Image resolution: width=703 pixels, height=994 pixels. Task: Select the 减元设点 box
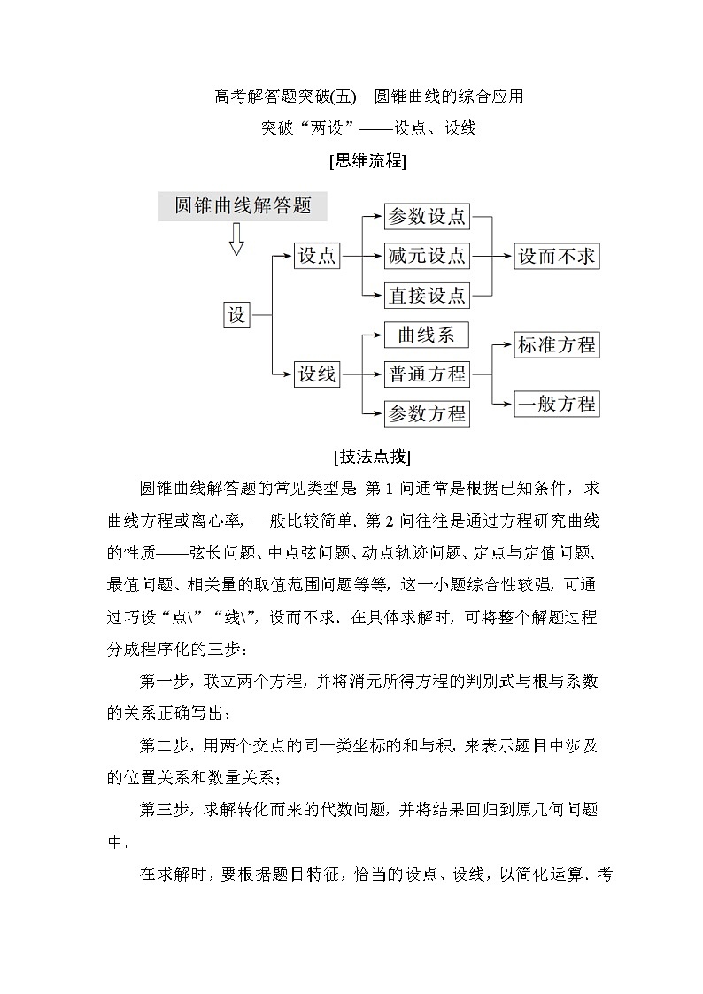pos(427,256)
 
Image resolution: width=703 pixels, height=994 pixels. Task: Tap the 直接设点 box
pos(427,294)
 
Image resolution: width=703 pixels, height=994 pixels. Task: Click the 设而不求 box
pos(557,256)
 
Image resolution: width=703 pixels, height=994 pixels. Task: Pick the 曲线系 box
pos(426,335)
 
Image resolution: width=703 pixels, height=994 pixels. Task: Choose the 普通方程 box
pos(427,374)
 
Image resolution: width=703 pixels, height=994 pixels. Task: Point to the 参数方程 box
pos(427,413)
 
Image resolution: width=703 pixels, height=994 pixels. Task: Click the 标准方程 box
pos(557,344)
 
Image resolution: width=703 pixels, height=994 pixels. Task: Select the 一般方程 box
pos(557,404)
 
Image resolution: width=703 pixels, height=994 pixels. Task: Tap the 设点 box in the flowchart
pos(316,256)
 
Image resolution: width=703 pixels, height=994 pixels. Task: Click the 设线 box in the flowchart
pos(316,374)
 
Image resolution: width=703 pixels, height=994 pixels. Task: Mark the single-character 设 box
pos(236,314)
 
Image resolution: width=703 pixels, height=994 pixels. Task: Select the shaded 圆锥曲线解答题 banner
pos(243,205)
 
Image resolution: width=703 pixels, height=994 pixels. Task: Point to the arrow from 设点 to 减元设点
pos(362,256)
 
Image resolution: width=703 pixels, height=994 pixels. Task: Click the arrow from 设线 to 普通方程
pos(362,374)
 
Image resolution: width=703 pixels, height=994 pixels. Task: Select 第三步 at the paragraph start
pos(159,808)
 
